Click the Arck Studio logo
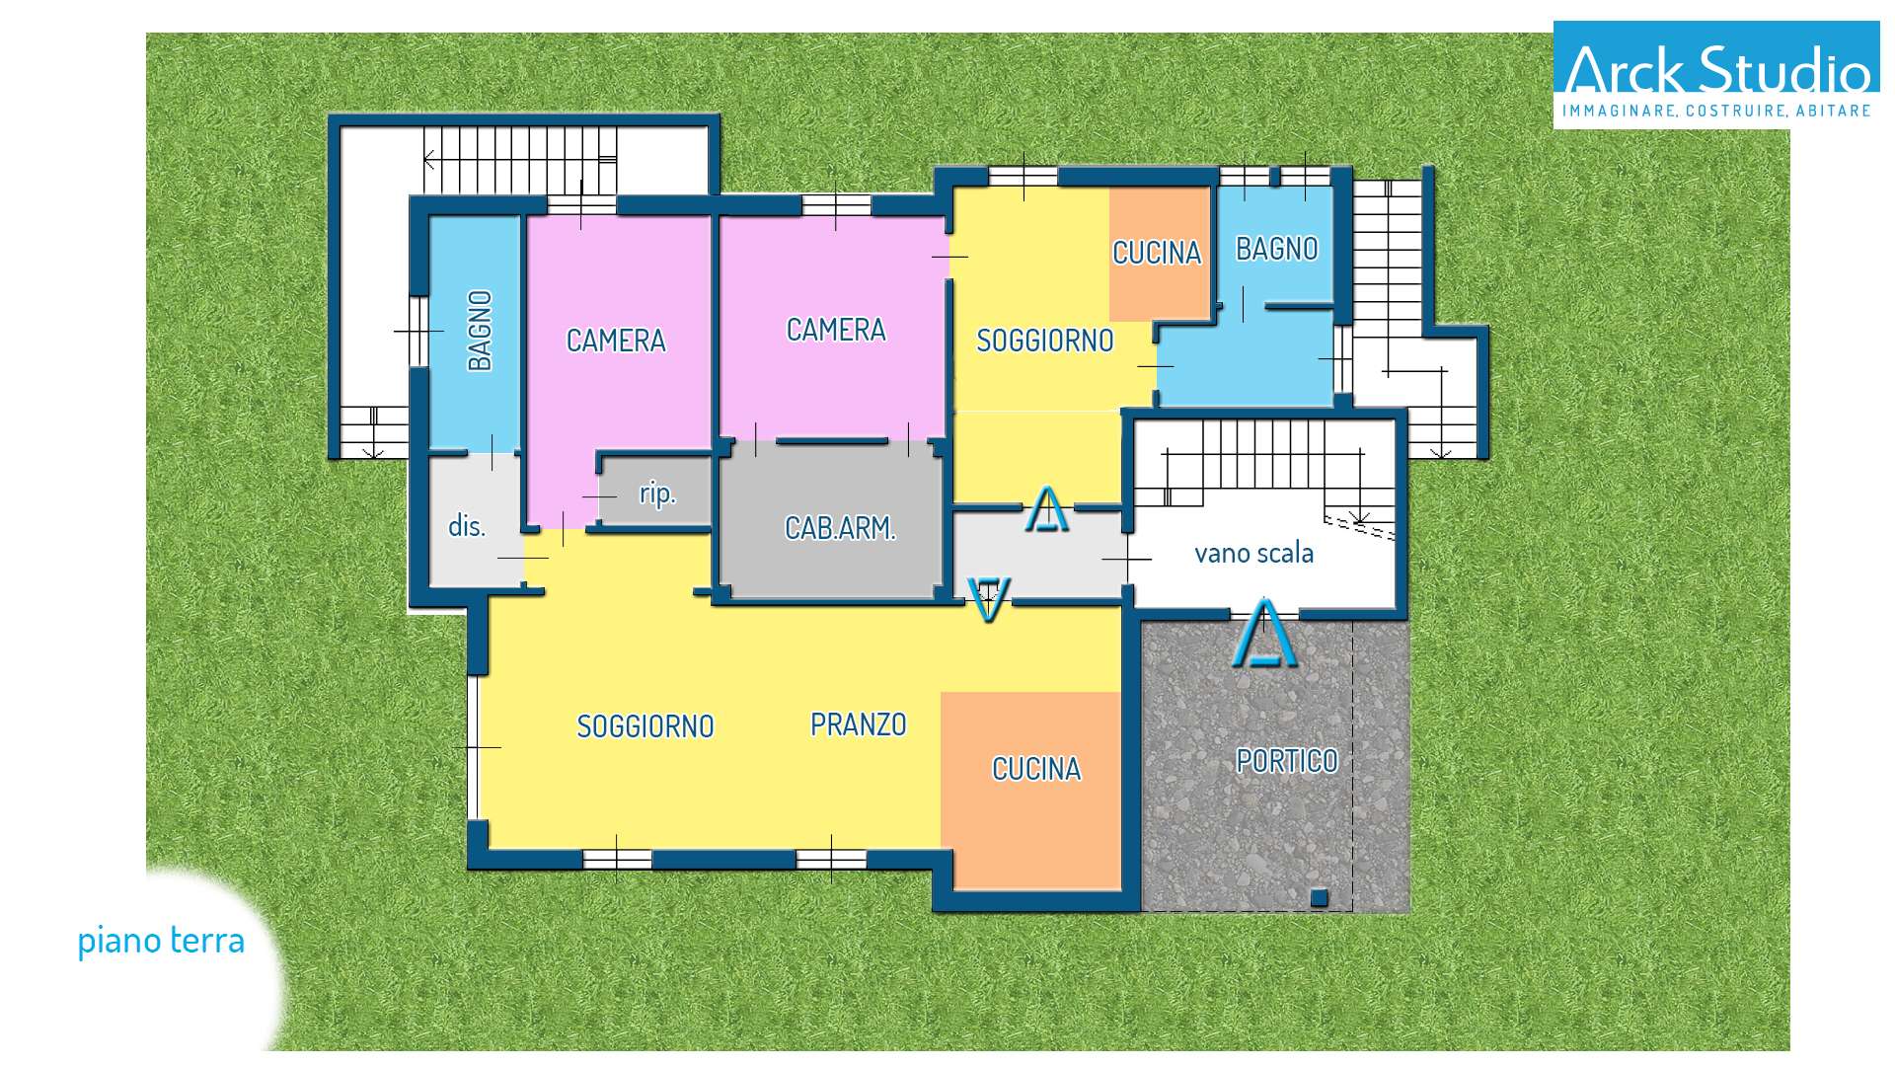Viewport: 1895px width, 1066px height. [1716, 75]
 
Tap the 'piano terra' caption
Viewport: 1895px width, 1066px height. [161, 941]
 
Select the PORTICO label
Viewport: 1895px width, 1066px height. [1287, 761]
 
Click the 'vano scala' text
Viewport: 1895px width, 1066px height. [1253, 553]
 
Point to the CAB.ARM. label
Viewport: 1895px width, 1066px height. [840, 528]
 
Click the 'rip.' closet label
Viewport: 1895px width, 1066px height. [657, 493]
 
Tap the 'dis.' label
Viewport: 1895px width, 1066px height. [467, 525]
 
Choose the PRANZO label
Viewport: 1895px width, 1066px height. [859, 724]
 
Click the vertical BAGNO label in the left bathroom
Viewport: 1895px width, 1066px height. [480, 331]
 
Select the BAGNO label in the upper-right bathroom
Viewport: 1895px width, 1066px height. [1277, 249]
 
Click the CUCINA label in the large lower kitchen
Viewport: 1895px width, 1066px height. [1036, 769]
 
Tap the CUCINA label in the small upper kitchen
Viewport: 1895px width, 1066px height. [1157, 253]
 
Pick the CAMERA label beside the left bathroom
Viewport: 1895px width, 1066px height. [616, 341]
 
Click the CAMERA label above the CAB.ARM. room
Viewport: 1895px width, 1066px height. [836, 330]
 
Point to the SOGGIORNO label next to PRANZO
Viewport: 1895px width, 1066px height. [645, 726]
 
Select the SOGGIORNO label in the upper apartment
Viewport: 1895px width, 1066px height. [1045, 341]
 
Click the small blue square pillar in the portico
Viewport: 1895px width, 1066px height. [1319, 897]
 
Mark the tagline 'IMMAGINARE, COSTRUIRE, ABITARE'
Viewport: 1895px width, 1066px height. [1716, 111]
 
